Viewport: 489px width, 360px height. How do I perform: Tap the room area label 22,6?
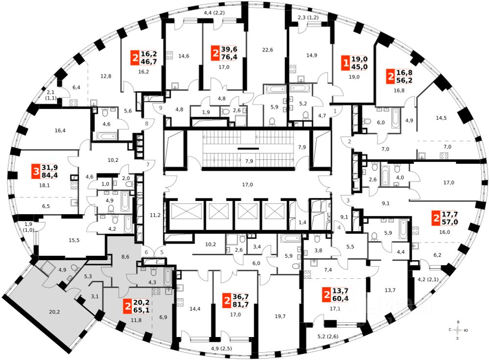267,49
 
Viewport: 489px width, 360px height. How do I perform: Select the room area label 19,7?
280,316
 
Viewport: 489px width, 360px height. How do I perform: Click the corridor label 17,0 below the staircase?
247,184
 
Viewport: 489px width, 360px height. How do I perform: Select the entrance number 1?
335,112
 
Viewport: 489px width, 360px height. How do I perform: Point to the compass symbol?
457,330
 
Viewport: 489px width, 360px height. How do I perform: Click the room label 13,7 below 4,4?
390,290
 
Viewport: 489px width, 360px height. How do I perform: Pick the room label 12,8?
106,76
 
